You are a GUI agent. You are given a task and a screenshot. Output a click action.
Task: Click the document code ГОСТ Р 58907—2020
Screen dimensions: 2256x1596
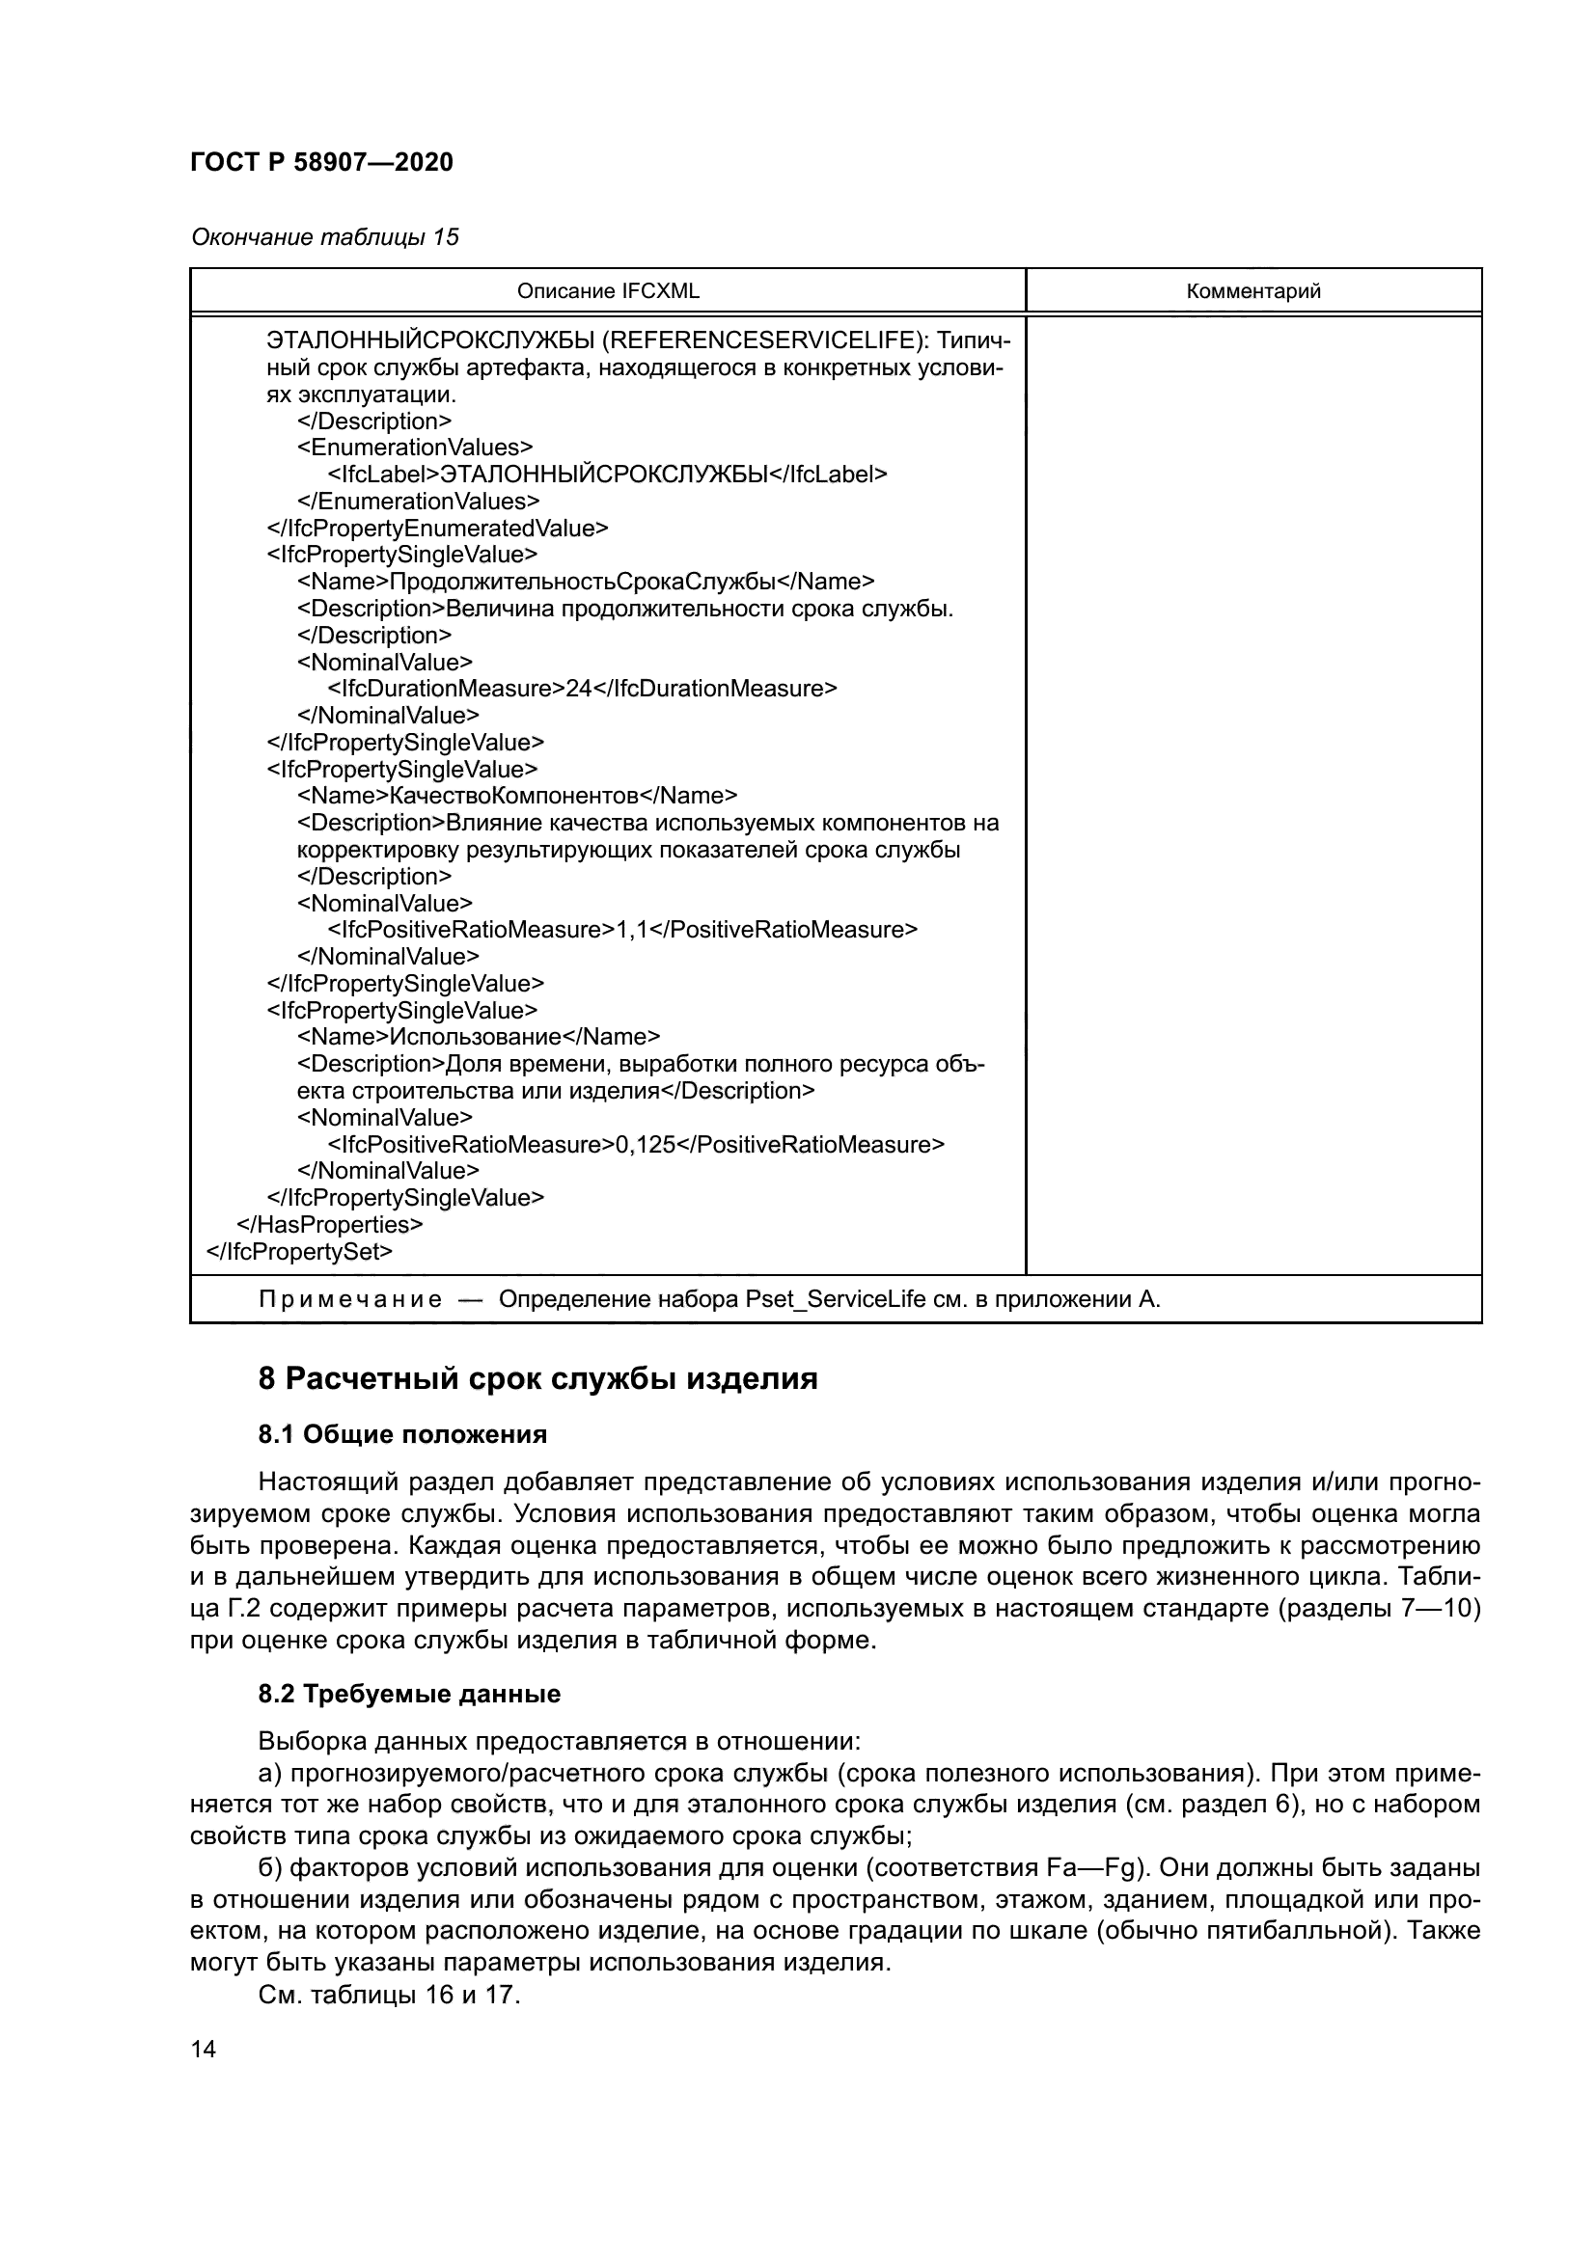(321, 163)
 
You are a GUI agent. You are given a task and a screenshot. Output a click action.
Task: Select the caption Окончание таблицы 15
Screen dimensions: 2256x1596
(324, 238)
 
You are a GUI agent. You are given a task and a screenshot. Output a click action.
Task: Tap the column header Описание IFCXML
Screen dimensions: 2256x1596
(607, 291)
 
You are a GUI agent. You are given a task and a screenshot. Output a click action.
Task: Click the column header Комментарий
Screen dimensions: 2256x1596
(1253, 291)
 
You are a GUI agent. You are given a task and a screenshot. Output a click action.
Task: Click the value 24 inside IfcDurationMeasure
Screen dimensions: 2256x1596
(578, 689)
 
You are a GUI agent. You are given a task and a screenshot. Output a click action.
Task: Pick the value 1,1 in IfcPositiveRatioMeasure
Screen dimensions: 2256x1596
(632, 930)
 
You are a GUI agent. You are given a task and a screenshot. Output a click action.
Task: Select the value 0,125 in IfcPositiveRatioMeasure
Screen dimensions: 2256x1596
(646, 1145)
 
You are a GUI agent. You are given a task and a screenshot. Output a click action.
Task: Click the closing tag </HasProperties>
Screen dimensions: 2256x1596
(330, 1225)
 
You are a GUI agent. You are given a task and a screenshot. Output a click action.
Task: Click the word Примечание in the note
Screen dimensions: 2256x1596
(350, 1300)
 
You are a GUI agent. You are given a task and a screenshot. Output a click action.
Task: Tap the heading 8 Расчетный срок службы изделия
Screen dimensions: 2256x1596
(537, 1379)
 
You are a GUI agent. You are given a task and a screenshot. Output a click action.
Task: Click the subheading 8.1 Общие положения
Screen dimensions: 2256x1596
(402, 1434)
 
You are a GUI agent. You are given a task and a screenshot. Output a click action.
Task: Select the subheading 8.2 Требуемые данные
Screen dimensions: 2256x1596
(409, 1694)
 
